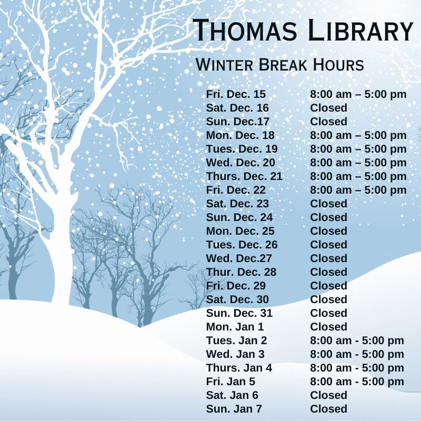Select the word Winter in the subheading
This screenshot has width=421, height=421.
[x=224, y=65]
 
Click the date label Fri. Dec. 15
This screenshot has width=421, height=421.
[x=236, y=95]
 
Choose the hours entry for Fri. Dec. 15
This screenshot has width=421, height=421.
[x=358, y=95]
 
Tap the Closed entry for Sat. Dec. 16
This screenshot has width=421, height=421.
[x=328, y=108]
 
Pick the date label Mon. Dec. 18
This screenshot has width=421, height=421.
[x=240, y=135]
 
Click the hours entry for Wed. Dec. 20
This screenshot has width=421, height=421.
[x=358, y=163]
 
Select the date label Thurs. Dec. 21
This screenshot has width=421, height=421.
[x=244, y=176]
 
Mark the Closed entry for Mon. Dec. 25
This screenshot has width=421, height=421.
[x=328, y=231]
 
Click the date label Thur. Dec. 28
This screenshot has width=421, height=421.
[x=241, y=272]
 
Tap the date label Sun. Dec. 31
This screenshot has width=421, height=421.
[x=239, y=313]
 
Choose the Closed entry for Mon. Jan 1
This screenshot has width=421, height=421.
[x=328, y=327]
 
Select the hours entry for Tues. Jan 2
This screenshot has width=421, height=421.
[x=357, y=340]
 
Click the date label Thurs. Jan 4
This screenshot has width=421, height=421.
[x=239, y=368]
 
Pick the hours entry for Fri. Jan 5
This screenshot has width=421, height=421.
[x=357, y=382]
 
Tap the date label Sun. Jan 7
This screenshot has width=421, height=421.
[x=234, y=409]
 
